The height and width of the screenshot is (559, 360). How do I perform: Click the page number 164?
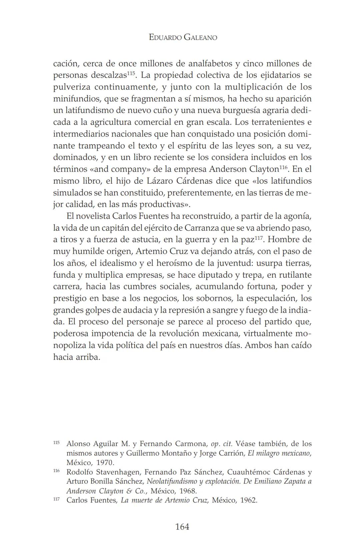(x=182, y=527)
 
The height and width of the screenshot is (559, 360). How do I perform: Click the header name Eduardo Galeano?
(x=183, y=37)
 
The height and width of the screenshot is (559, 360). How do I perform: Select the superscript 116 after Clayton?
(x=283, y=167)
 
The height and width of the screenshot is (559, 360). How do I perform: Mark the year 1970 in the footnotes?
(x=105, y=463)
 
